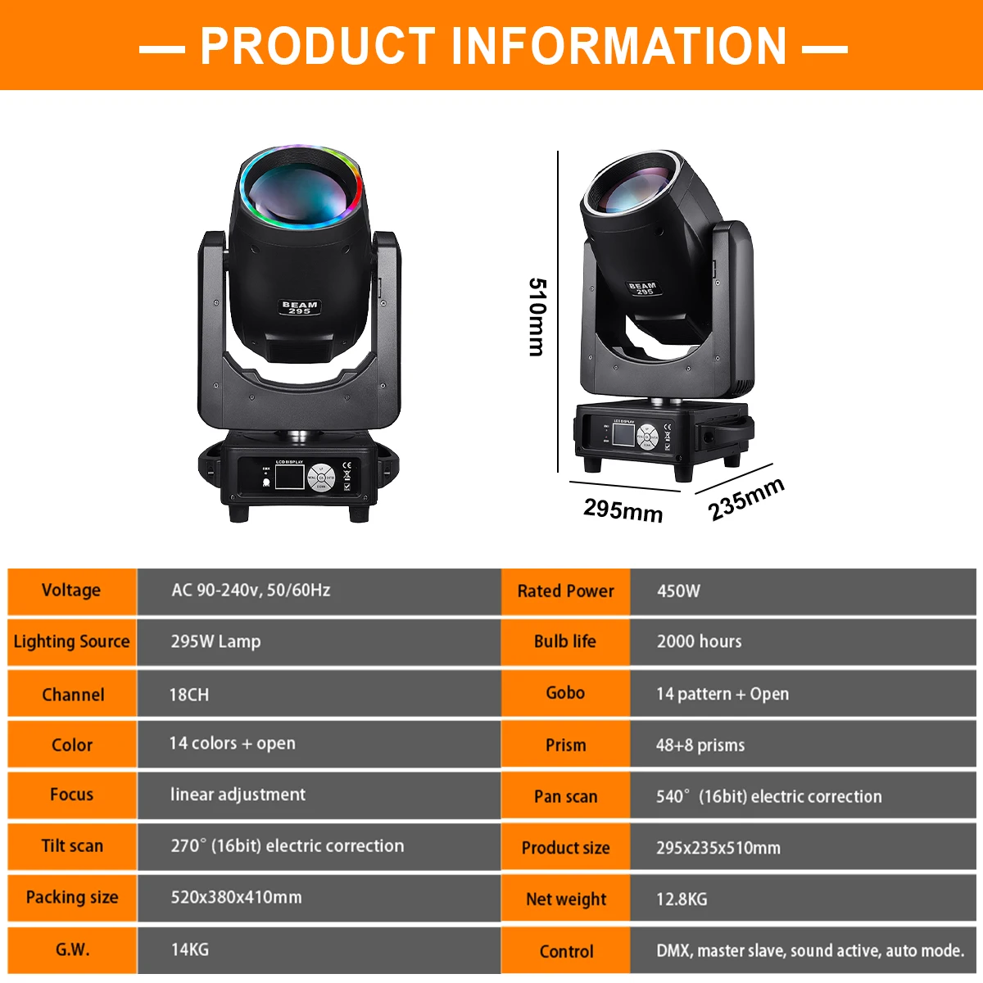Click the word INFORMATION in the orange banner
pyautogui.click(x=618, y=46)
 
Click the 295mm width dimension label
pyautogui.click(x=623, y=510)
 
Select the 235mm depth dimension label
pyautogui.click(x=746, y=499)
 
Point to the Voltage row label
pyautogui.click(x=71, y=591)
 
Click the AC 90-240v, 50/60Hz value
pyautogui.click(x=251, y=591)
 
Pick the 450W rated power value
pyautogui.click(x=678, y=591)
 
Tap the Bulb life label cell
pyautogui.click(x=565, y=641)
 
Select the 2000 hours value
pyautogui.click(x=699, y=642)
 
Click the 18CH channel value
pyautogui.click(x=188, y=695)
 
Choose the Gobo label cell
pyautogui.click(x=565, y=693)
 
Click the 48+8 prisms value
pyautogui.click(x=700, y=745)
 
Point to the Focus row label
pyautogui.click(x=71, y=795)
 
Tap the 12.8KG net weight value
pyautogui.click(x=682, y=899)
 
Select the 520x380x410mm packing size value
pyautogui.click(x=236, y=898)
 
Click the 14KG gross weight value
pyautogui.click(x=189, y=949)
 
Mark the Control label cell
pyautogui.click(x=566, y=952)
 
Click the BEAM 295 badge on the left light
pyautogui.click(x=300, y=307)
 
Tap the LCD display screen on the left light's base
pyautogui.click(x=289, y=479)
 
